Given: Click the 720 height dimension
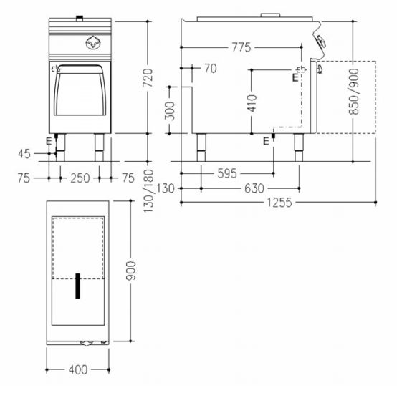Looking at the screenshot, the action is tap(148, 78).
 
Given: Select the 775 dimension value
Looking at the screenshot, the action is tap(241, 47).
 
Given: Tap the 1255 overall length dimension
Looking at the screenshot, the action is tap(279, 203).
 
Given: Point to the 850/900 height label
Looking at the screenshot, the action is tap(354, 92).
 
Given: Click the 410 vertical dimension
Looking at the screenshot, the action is tap(252, 103).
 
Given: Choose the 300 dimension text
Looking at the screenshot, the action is tap(170, 111).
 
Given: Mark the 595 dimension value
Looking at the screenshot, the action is tap(227, 173).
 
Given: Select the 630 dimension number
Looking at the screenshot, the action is tap(254, 188).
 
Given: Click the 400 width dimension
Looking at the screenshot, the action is tap(78, 369).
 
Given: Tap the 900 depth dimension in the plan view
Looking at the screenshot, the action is tap(131, 271).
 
